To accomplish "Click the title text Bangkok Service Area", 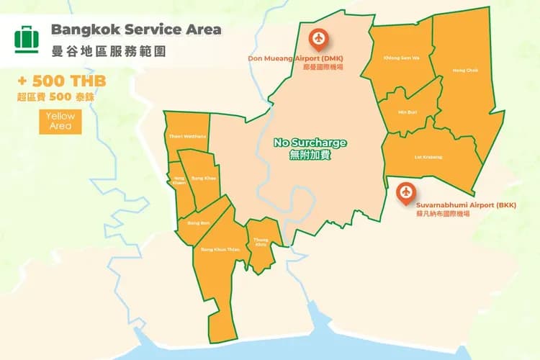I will [136, 30].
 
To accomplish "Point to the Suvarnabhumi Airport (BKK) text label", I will [455, 205].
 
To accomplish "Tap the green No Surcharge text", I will [310, 143].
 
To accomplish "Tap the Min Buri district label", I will [408, 112].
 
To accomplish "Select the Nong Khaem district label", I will [179, 181].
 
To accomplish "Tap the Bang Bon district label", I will [198, 223].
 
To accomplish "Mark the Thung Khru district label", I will [261, 243].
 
